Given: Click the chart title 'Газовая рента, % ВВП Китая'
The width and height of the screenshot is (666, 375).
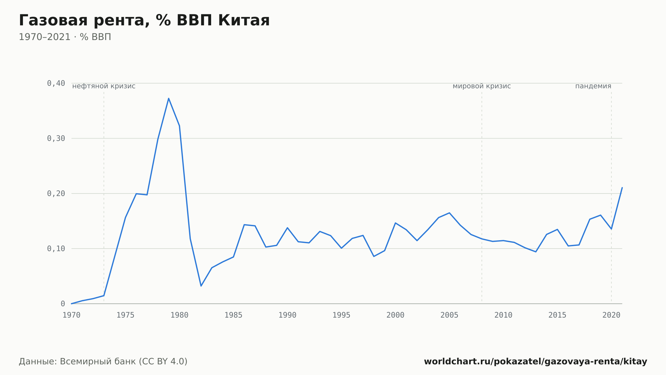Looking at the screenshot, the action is (x=144, y=21).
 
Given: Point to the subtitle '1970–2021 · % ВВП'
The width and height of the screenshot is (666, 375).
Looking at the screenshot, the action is (x=65, y=37).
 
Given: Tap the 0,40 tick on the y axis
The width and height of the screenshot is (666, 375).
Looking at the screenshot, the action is (x=56, y=83).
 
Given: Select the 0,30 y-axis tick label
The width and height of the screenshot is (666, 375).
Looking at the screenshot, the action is (x=56, y=138).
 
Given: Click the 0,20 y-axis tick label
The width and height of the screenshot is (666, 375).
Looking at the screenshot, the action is (x=56, y=194).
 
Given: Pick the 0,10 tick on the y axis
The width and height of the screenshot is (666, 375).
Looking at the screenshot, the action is (x=56, y=249).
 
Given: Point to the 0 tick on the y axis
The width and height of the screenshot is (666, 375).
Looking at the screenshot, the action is (x=63, y=304).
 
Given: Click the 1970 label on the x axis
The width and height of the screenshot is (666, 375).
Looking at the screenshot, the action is (x=72, y=315).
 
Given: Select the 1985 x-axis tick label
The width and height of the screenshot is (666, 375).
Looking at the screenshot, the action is (x=233, y=315).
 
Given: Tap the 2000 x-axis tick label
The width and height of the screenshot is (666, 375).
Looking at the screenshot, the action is (x=395, y=315).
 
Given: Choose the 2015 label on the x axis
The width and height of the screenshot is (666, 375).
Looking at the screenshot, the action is (x=557, y=315).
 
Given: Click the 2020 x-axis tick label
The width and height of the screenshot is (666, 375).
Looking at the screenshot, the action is (x=611, y=315).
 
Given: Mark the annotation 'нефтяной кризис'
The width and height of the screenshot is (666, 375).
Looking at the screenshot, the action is (x=104, y=86).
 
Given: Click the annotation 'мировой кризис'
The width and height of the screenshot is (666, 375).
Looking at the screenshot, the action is (x=482, y=86).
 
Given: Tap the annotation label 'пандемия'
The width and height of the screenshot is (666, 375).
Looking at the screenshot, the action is (x=593, y=86).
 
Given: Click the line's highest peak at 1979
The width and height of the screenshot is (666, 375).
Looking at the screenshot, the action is (x=168, y=98).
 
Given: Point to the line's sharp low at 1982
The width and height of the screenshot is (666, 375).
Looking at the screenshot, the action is (x=201, y=286).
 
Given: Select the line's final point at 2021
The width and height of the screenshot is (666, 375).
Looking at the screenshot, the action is (x=622, y=188).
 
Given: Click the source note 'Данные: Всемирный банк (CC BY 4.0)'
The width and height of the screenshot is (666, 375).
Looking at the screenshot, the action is (x=103, y=362).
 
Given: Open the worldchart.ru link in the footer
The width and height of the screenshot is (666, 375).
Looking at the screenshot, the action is (x=535, y=362).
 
